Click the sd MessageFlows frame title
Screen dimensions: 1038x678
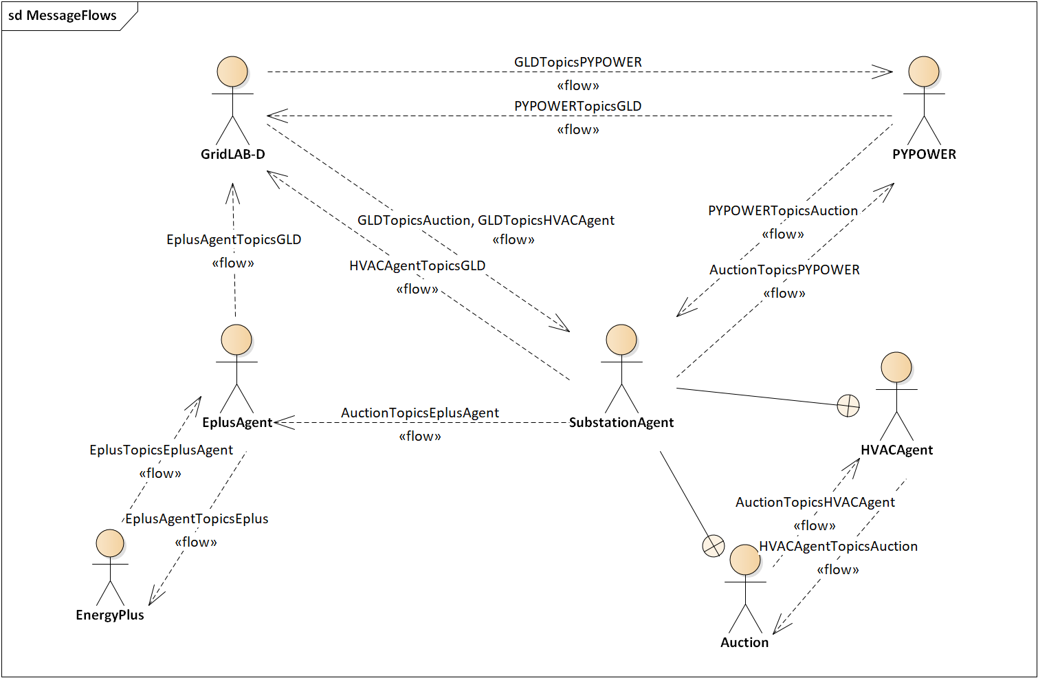[x=63, y=15]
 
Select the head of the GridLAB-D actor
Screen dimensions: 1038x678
[x=232, y=72]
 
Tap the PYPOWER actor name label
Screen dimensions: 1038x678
[x=924, y=154]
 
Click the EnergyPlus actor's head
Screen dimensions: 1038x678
[x=110, y=543]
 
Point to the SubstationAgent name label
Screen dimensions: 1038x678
[x=621, y=422]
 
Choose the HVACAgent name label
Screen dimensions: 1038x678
[x=896, y=450]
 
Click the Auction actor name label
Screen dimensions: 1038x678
[x=744, y=642]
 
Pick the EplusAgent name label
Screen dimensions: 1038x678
[x=237, y=423]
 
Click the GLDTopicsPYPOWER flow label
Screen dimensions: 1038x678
[x=578, y=62]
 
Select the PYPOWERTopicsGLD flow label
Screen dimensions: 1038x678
[x=578, y=106]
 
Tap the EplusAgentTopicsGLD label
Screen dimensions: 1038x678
[x=234, y=239]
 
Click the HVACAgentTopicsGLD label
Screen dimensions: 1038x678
[x=417, y=265]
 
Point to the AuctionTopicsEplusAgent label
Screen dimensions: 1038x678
[x=420, y=413]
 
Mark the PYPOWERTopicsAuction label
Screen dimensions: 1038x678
[x=783, y=211]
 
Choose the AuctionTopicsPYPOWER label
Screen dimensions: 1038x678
[x=784, y=270]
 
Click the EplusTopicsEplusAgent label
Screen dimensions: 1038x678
[x=161, y=450]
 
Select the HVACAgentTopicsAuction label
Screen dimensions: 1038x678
[x=838, y=547]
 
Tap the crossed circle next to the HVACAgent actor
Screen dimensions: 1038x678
[x=848, y=406]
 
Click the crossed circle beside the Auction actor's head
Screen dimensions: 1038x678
[x=713, y=545]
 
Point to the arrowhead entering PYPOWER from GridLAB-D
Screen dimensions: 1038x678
[x=882, y=72]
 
